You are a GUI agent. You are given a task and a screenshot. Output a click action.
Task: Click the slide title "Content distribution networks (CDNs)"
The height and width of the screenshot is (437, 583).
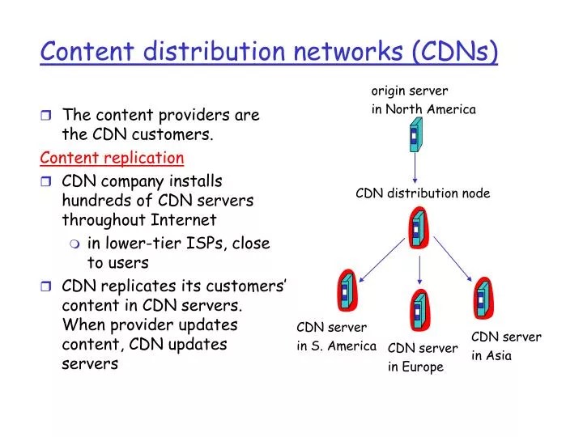point(269,51)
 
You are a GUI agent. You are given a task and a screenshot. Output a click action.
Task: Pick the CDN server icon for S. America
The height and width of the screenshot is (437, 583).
point(347,289)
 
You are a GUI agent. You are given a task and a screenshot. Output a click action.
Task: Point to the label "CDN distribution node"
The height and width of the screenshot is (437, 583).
point(423,193)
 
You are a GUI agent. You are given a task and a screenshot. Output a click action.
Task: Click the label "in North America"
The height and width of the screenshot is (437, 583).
point(423,109)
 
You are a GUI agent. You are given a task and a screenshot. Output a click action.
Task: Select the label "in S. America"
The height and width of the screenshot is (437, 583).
point(336,346)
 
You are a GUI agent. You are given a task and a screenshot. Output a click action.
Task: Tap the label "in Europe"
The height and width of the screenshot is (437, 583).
point(415,367)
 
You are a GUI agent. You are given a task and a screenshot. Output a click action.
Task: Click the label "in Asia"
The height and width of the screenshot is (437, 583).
point(492,355)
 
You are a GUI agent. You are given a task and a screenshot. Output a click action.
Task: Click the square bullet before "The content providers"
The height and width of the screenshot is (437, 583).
point(47,116)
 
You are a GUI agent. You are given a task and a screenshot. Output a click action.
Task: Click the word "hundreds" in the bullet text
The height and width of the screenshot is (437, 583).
point(91,200)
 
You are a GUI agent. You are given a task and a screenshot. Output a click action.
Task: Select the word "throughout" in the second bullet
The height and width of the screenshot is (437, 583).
point(100,219)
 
